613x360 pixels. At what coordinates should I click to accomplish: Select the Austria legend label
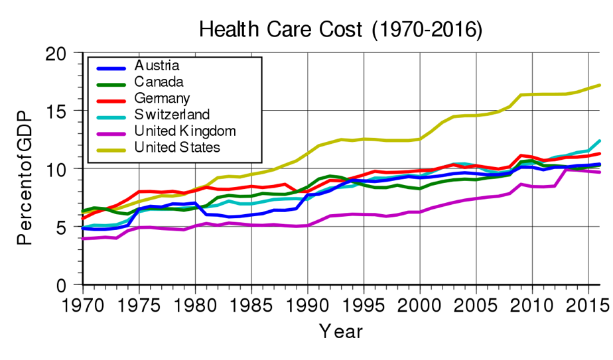click(x=157, y=66)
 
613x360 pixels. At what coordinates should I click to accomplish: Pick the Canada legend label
click(x=159, y=82)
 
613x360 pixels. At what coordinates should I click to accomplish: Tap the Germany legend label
click(x=162, y=98)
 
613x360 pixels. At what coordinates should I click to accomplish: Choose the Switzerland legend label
click(x=172, y=114)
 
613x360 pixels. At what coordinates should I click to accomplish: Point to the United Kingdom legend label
click(x=185, y=131)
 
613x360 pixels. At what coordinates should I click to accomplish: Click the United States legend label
click(x=177, y=147)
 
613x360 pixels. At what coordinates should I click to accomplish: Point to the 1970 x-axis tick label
click(x=83, y=306)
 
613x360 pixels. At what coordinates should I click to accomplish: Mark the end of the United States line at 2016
click(x=600, y=85)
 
